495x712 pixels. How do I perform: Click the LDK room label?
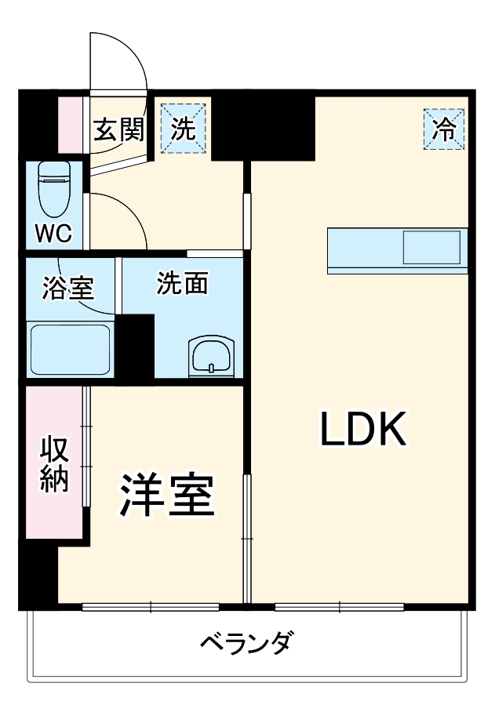(362, 428)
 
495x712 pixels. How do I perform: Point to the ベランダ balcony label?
(247, 645)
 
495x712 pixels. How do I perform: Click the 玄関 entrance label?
(118, 129)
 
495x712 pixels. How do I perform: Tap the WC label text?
(53, 233)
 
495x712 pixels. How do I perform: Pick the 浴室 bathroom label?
(68, 288)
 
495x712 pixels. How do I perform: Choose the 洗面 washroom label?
(182, 284)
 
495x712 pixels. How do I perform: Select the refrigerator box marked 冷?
(445, 129)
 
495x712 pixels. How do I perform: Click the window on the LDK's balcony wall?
(340, 606)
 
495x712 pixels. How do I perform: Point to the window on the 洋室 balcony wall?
(151, 606)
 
